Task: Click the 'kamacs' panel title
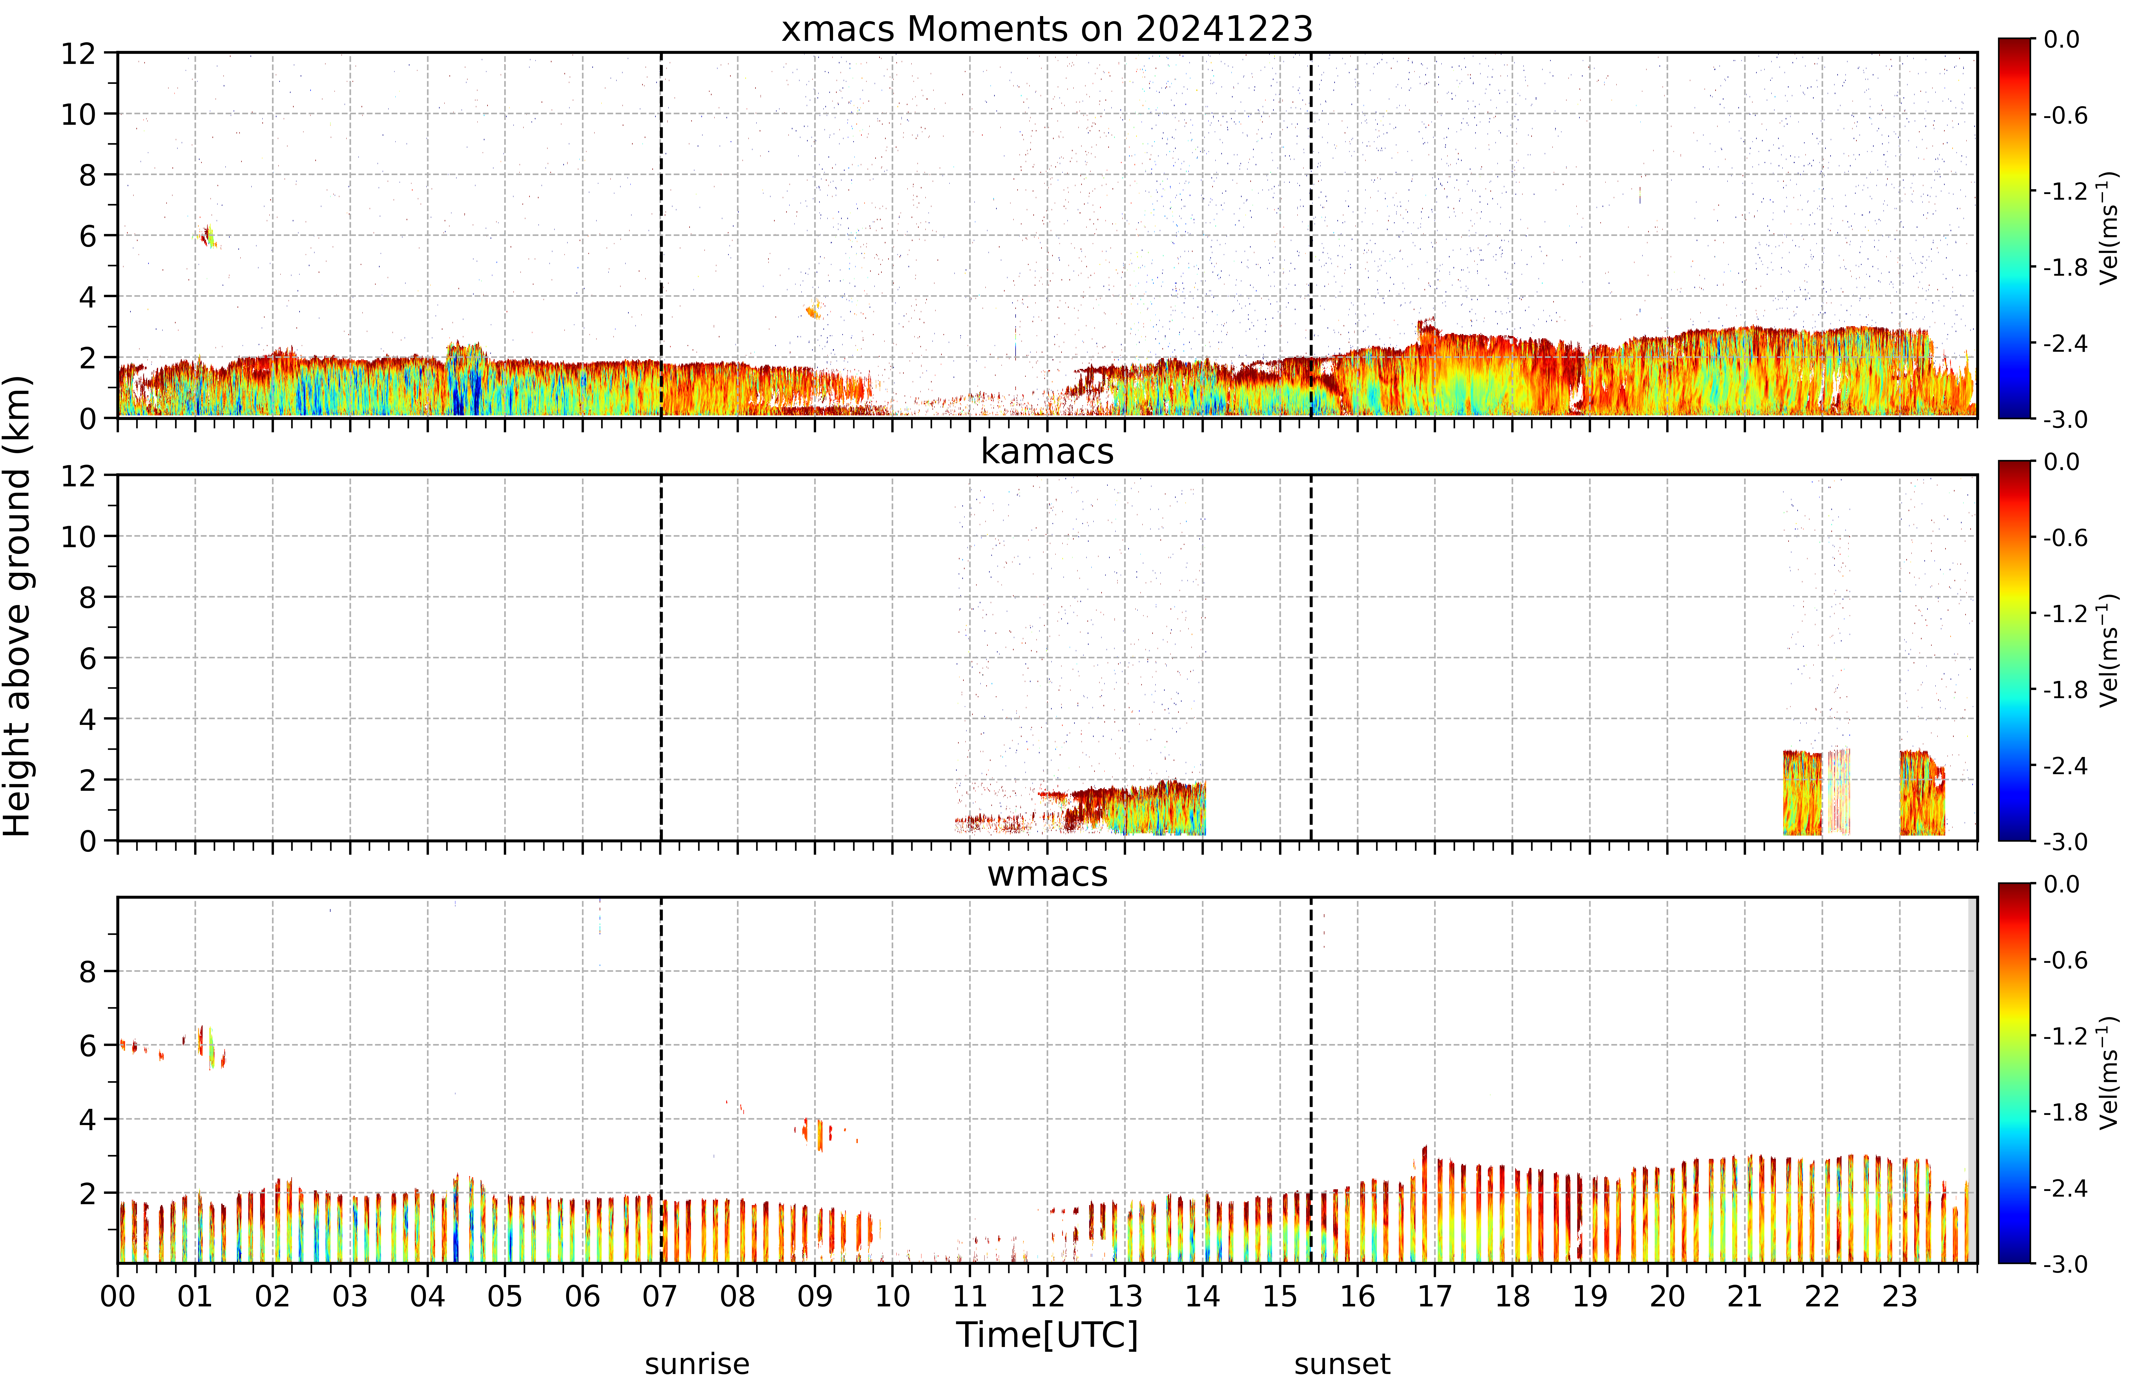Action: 1047,451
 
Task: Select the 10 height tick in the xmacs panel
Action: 78,114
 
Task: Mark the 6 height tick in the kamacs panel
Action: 87,658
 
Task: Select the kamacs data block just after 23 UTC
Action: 1922,793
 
